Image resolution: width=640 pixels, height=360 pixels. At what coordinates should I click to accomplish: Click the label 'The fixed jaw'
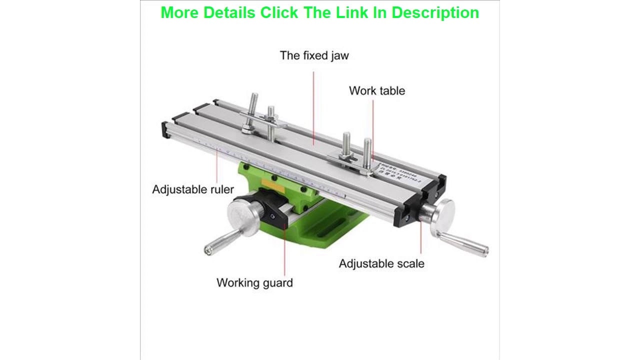click(314, 55)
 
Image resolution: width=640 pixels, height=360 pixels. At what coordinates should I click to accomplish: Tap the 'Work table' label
click(376, 91)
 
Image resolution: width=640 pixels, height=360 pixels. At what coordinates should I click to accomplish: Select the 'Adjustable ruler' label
click(193, 189)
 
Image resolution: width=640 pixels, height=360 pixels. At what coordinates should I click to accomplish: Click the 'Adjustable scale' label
click(381, 263)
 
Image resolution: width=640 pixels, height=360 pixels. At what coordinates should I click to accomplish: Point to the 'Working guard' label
click(254, 282)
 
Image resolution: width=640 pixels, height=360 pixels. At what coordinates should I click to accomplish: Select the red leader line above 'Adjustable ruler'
click(217, 167)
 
